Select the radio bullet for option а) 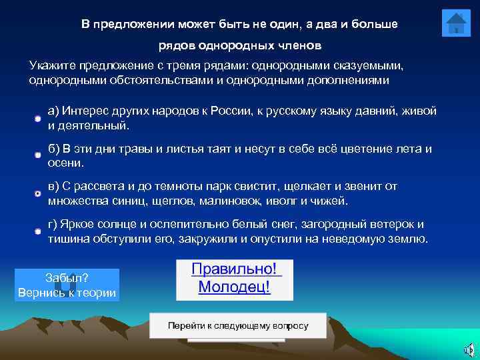coord(39,118)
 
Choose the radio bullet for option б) coord(39,155)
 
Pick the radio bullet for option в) coord(39,193)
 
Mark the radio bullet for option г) coord(39,231)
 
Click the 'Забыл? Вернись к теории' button coord(67,285)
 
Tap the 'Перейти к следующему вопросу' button coord(238,326)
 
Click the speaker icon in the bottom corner coord(469,350)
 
